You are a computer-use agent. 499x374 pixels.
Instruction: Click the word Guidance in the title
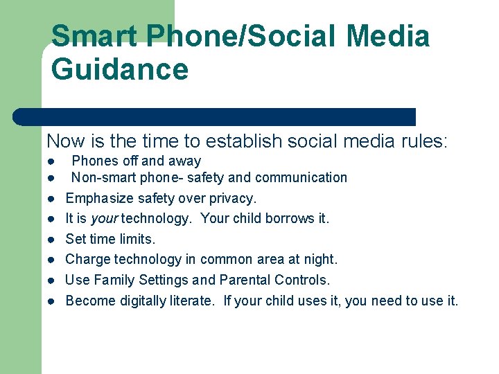(119, 70)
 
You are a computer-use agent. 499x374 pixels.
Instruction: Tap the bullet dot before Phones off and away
(51, 161)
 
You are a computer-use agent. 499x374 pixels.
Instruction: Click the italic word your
(104, 219)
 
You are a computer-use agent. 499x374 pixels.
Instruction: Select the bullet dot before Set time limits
(51, 240)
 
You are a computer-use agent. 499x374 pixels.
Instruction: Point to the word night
(319, 259)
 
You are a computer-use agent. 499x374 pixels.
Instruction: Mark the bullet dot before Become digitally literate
(51, 301)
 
